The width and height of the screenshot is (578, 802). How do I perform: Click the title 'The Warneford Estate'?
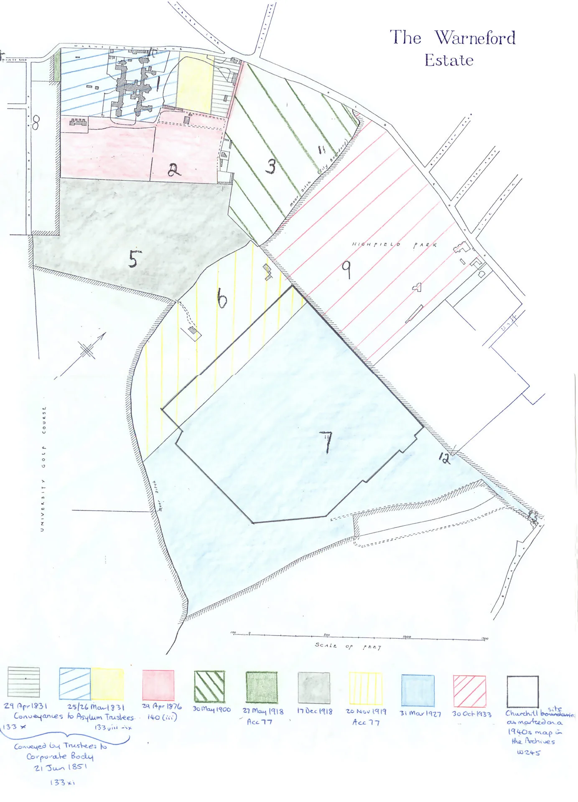[452, 48]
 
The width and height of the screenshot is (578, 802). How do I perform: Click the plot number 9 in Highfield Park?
[346, 269]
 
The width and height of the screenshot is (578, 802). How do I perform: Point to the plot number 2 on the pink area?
[174, 170]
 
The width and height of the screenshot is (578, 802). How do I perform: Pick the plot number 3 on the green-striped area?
[271, 166]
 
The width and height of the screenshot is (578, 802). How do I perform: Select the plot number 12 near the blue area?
[445, 458]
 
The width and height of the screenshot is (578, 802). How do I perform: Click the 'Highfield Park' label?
[394, 244]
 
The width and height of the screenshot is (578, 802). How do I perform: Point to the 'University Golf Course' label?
[43, 468]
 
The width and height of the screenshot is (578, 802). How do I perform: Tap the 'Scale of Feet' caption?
[348, 646]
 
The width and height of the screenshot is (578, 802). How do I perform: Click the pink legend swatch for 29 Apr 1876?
[158, 685]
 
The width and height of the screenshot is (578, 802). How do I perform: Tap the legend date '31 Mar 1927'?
[420, 713]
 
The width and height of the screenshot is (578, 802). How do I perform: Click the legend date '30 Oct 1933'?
[472, 714]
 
